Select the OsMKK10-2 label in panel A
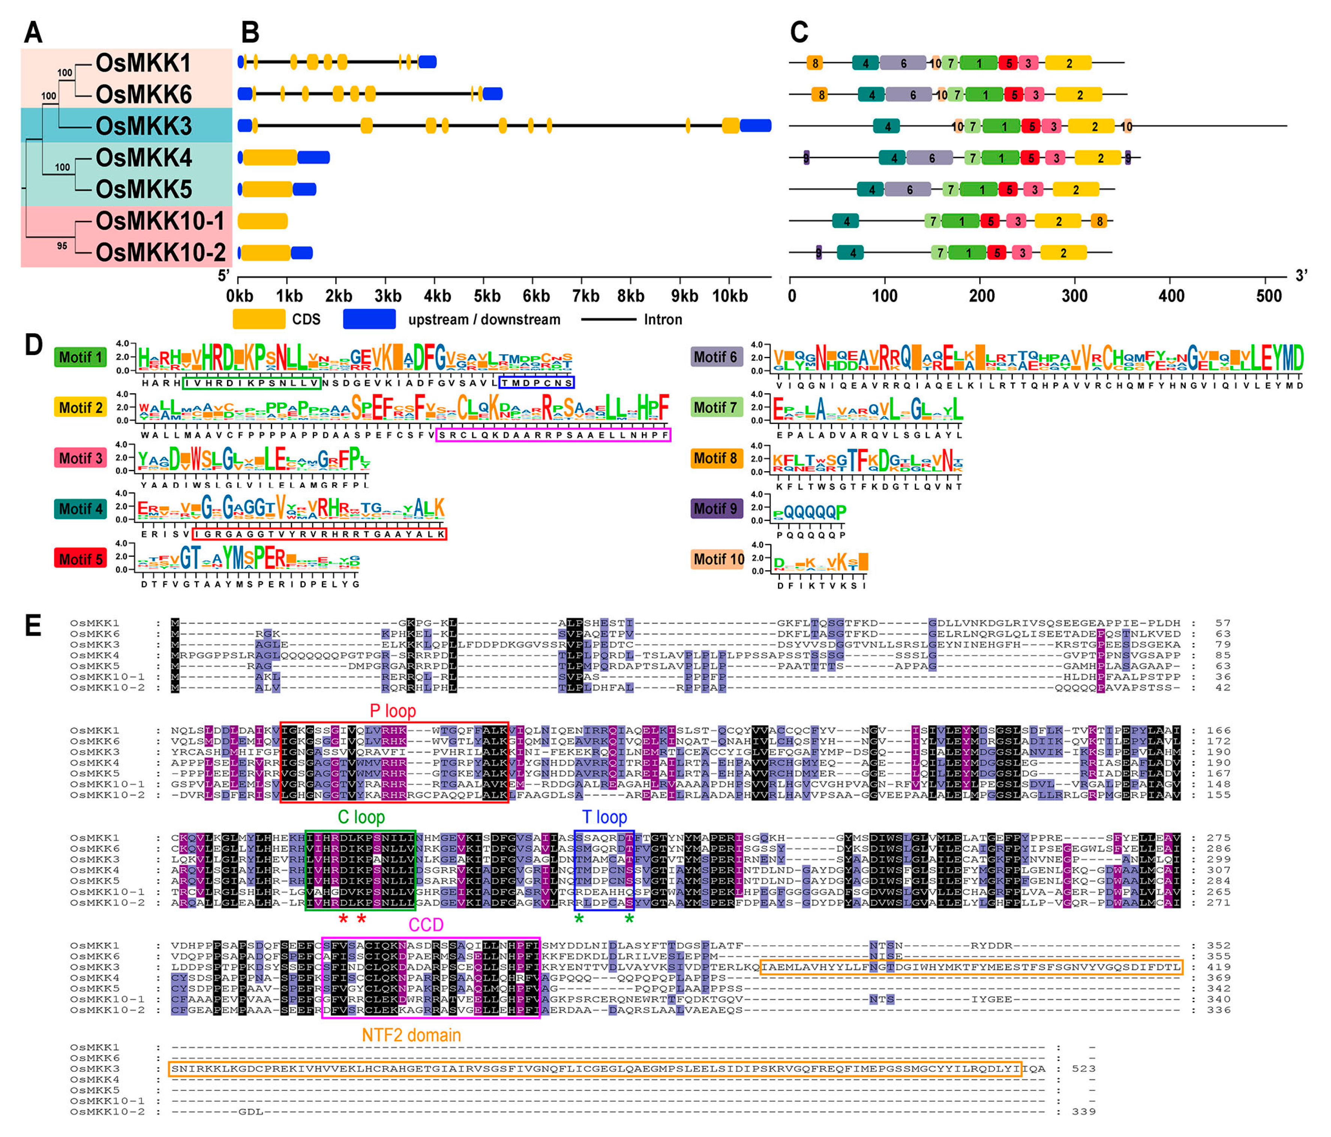161,252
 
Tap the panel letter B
250,32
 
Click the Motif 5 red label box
80,559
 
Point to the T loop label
604,817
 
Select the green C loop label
361,817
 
